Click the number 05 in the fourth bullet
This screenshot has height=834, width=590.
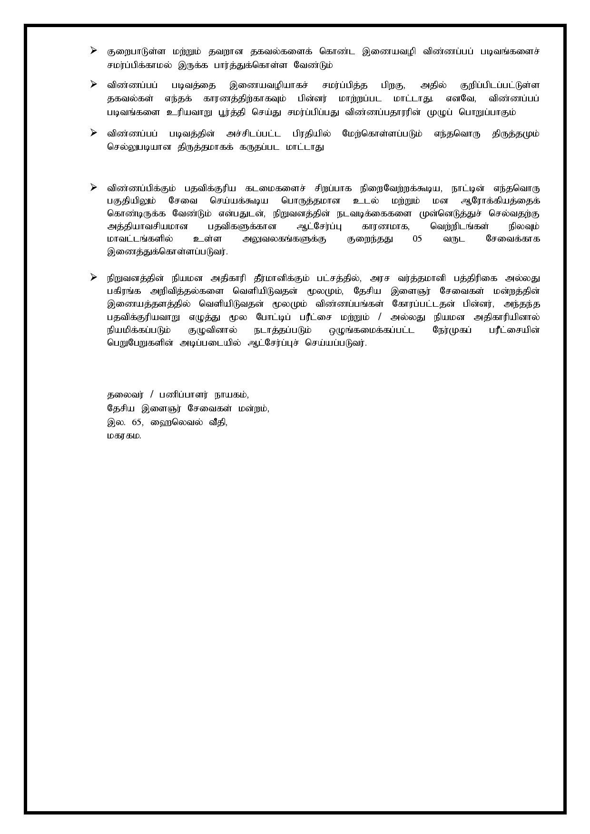point(417,239)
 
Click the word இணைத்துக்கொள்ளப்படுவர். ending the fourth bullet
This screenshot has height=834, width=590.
point(167,252)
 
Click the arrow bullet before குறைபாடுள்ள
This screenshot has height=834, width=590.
point(94,50)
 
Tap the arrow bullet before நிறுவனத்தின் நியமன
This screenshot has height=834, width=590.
point(94,277)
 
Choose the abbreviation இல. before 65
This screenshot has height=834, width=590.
point(114,422)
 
